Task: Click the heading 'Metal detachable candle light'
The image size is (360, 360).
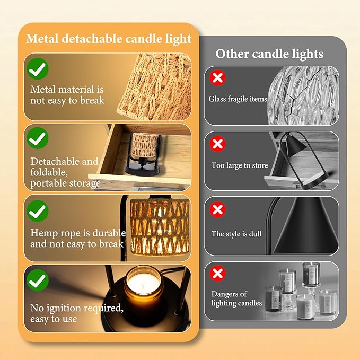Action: pyautogui.click(x=109, y=39)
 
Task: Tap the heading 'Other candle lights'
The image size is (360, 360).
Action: pyautogui.click(x=269, y=54)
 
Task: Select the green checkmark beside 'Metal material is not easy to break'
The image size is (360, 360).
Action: pyautogui.click(x=38, y=68)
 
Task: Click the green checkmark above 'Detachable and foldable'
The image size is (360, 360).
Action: pyautogui.click(x=38, y=138)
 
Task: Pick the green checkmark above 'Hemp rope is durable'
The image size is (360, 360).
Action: pyautogui.click(x=38, y=211)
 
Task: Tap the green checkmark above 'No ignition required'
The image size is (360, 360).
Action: pyautogui.click(x=38, y=280)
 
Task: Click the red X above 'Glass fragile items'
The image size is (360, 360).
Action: pyautogui.click(x=218, y=77)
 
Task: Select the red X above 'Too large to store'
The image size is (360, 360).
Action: pyautogui.click(x=218, y=144)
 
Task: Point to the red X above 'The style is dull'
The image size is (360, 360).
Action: pyautogui.click(x=218, y=209)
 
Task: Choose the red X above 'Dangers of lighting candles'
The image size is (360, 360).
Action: pyautogui.click(x=218, y=273)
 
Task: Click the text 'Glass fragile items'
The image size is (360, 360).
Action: pyautogui.click(x=238, y=99)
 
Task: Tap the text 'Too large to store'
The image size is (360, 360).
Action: pyautogui.click(x=240, y=165)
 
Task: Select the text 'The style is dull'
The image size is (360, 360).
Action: pyautogui.click(x=236, y=234)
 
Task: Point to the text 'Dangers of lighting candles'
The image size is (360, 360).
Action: pyautogui.click(x=236, y=298)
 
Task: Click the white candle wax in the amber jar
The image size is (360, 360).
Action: pyautogui.click(x=144, y=284)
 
